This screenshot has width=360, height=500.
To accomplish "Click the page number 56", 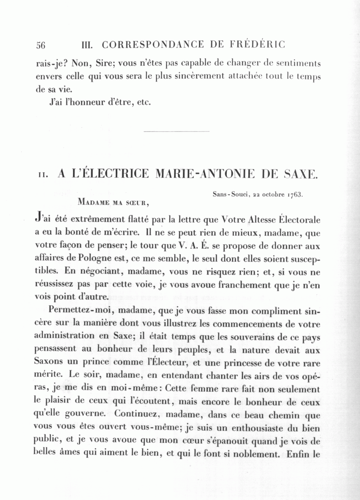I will point(41,45).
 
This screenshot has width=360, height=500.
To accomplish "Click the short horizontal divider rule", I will point(176,131).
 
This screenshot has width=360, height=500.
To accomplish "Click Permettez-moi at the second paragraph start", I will point(76,311).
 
